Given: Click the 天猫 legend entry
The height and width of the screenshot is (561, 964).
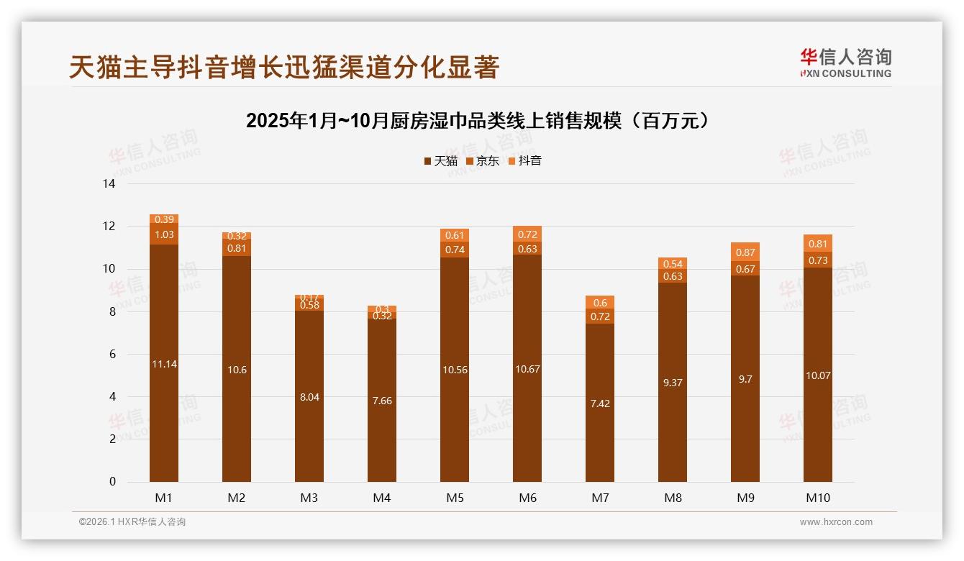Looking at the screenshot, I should point(440,161).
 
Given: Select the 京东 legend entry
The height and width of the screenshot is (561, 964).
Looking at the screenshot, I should point(482,161).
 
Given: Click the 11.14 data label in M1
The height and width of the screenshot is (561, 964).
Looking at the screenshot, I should point(164,364).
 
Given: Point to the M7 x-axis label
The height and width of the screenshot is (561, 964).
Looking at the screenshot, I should point(600,498).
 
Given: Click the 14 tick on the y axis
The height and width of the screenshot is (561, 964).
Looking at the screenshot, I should point(109,184).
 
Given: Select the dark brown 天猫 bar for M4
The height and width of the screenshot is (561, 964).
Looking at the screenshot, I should point(382,401).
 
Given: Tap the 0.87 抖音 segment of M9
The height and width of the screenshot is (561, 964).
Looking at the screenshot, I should point(745,252).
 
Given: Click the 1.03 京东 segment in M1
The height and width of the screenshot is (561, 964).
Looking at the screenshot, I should point(164,234).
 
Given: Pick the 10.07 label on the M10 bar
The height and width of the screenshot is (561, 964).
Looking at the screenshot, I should point(818,375).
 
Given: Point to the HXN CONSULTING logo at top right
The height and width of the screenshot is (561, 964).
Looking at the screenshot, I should point(845,63).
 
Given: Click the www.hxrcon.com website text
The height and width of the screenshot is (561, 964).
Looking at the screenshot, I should point(836,522).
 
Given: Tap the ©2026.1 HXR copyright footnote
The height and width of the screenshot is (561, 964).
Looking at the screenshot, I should point(132,522).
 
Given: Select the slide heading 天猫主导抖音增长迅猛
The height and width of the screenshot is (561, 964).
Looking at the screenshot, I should point(283,67).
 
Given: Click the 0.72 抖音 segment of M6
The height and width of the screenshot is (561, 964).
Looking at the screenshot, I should point(527,234).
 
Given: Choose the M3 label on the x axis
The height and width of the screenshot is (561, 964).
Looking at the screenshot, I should point(309,498).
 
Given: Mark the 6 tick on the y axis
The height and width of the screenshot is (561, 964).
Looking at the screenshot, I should point(112,355).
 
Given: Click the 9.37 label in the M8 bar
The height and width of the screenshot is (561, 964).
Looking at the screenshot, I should point(673,383).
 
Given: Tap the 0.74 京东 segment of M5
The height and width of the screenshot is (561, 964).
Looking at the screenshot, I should point(455,250).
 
